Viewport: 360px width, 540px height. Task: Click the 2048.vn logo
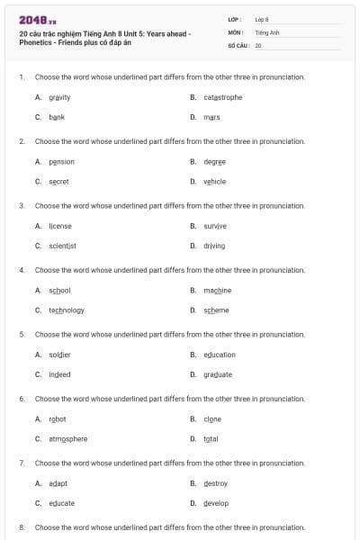tap(37, 19)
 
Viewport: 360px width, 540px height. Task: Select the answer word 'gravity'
tap(59, 97)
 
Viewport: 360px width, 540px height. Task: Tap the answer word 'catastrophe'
tap(222, 97)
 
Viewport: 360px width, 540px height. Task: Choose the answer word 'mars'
tap(211, 117)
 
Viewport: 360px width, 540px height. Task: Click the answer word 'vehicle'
tap(214, 181)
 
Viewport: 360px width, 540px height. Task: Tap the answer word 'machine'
tap(217, 291)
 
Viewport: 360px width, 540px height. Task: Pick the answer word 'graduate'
tap(217, 374)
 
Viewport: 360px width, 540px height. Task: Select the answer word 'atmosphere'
tap(68, 438)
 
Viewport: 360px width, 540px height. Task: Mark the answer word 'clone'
tap(212, 419)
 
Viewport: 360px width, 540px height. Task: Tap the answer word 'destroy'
tap(215, 483)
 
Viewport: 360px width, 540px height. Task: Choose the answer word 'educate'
tap(62, 503)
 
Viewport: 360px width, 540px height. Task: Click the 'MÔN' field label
tap(236, 31)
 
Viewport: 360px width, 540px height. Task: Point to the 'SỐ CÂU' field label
tap(238, 44)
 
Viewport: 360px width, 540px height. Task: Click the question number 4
tap(22, 270)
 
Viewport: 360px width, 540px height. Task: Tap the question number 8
tap(22, 526)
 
